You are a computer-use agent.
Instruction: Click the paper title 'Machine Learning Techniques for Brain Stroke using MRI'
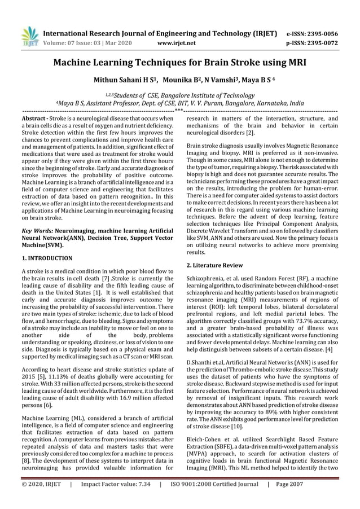coord(179,63)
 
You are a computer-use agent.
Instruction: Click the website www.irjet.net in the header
coord(177,42)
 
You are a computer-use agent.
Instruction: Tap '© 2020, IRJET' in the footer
coord(41,499)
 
